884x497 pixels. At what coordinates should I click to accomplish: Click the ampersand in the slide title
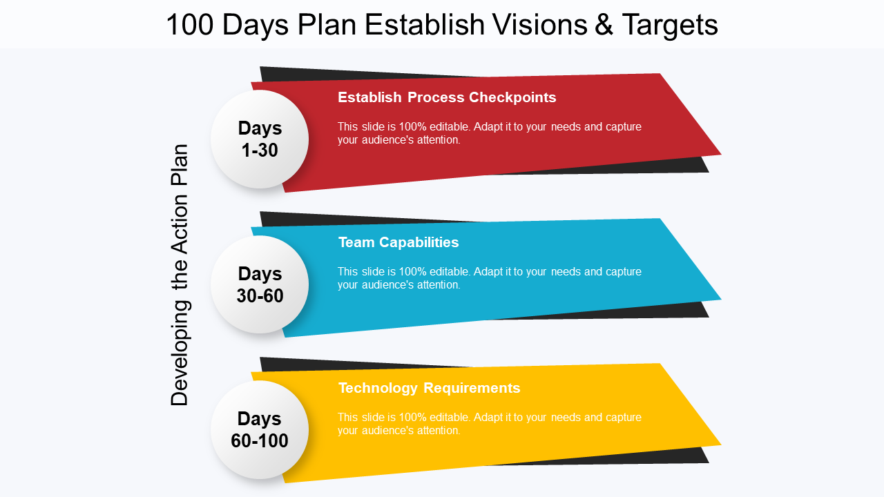tap(604, 24)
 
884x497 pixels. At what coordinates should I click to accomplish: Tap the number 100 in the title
tap(190, 24)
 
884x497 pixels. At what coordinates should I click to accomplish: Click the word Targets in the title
tap(670, 26)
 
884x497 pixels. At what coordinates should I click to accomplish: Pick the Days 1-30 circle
tap(259, 139)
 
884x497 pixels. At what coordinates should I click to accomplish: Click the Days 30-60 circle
tap(259, 284)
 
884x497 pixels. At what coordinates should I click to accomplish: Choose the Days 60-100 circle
tap(259, 429)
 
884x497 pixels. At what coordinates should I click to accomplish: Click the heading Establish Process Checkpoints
tap(447, 97)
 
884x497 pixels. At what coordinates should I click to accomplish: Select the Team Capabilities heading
tap(398, 242)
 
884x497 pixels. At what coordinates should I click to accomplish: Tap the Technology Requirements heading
tap(430, 388)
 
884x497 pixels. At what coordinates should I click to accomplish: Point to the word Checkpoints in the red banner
tap(512, 97)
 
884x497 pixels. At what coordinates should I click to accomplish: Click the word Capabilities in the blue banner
tap(419, 242)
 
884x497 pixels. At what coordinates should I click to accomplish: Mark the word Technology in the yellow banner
tap(378, 389)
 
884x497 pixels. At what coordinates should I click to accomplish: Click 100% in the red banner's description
tap(413, 126)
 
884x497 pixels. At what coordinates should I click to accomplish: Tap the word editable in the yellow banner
tap(450, 418)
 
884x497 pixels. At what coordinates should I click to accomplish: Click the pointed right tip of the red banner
tap(721, 155)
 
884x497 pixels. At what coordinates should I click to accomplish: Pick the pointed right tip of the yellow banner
tap(721, 445)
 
